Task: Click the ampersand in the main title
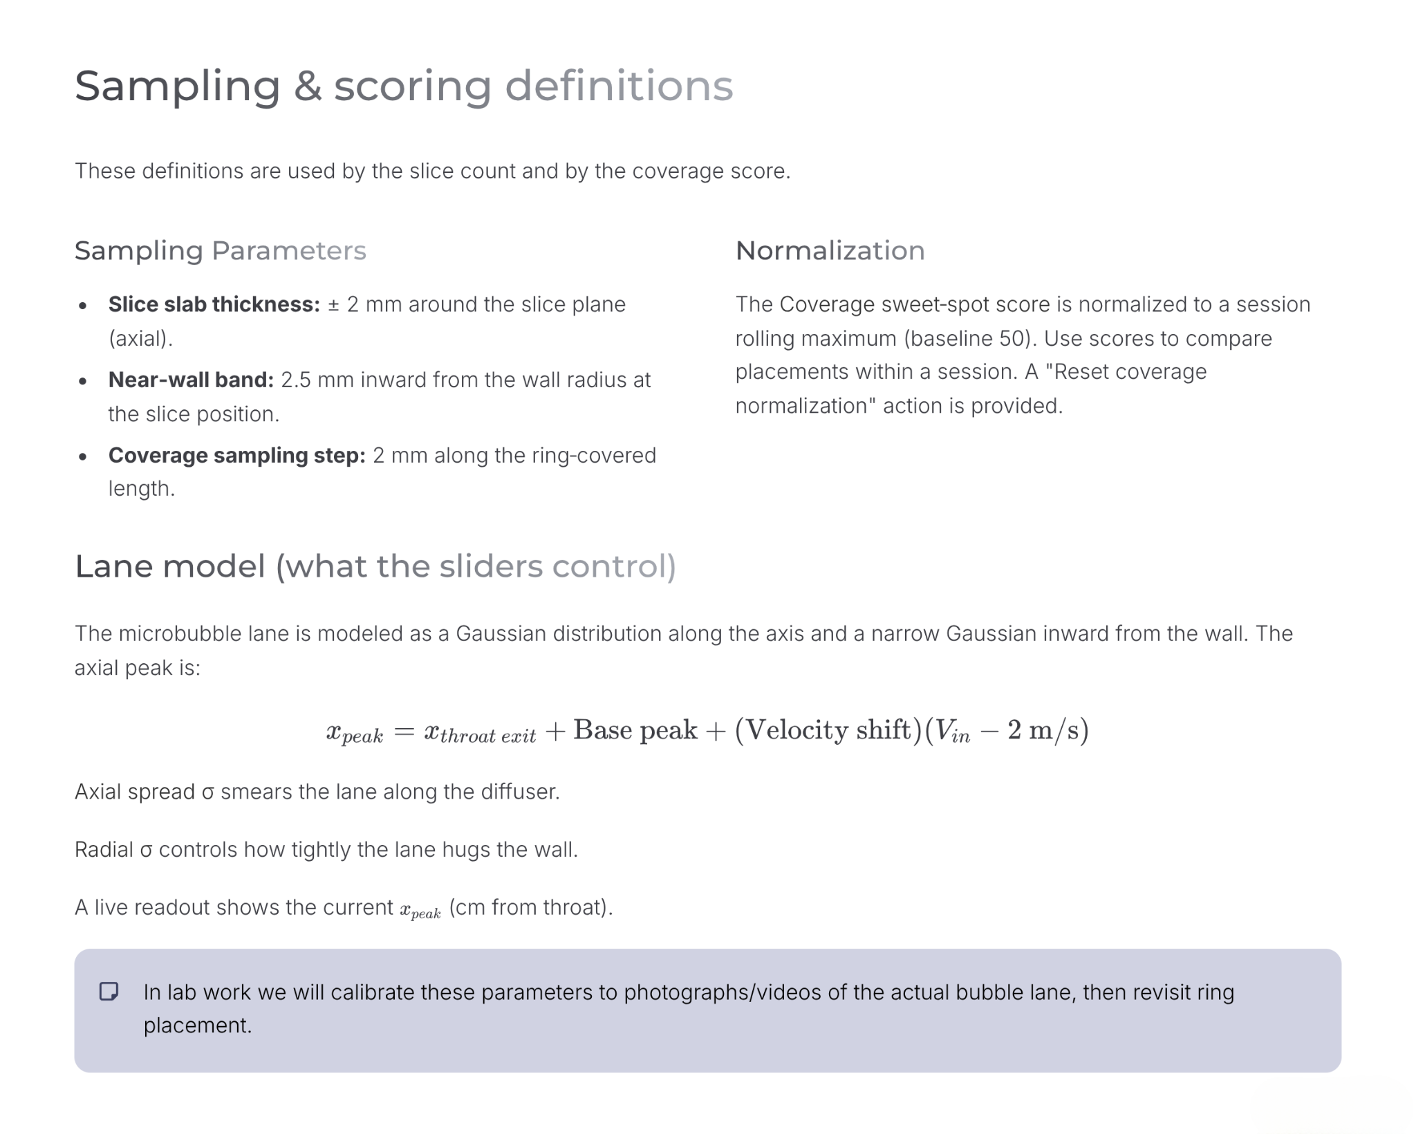(x=307, y=86)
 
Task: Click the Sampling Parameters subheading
(x=220, y=250)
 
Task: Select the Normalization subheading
(x=830, y=250)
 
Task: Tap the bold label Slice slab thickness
(x=214, y=304)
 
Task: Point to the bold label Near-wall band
(x=191, y=380)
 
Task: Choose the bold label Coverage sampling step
(x=236, y=455)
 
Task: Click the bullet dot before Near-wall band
(x=83, y=381)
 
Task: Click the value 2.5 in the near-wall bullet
(x=295, y=380)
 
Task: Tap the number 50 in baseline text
(x=1013, y=338)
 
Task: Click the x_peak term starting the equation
(x=354, y=732)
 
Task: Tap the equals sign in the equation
(x=403, y=731)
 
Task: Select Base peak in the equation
(x=635, y=730)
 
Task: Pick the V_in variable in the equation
(x=951, y=732)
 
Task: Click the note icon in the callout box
(x=109, y=992)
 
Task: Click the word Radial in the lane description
(x=104, y=849)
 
